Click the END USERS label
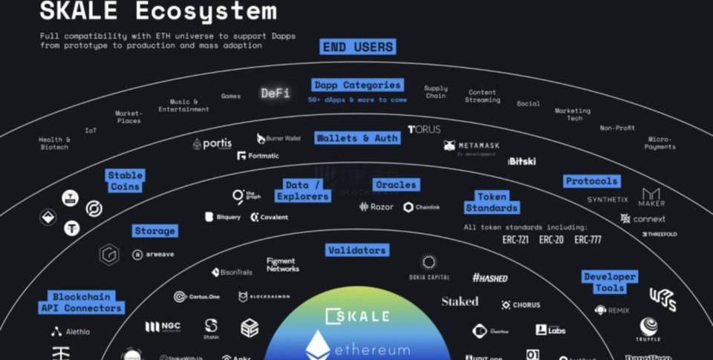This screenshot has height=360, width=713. click(358, 47)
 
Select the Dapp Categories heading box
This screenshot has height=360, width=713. click(357, 85)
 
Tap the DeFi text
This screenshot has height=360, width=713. click(276, 94)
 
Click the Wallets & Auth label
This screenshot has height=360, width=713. click(357, 138)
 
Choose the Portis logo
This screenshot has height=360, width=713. click(212, 144)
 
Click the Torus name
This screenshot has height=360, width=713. click(424, 129)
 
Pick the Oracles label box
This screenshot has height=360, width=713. click(396, 184)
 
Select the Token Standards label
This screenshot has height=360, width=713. click(492, 202)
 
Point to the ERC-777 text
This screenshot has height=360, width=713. click(587, 240)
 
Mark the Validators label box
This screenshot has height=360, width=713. click(356, 250)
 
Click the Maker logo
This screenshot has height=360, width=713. click(651, 197)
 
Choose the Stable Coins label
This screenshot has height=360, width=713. click(124, 181)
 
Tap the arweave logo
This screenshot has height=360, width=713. click(154, 255)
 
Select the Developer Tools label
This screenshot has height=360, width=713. click(610, 282)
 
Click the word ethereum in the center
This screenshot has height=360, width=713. click(372, 349)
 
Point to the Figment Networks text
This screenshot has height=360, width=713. click(282, 264)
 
